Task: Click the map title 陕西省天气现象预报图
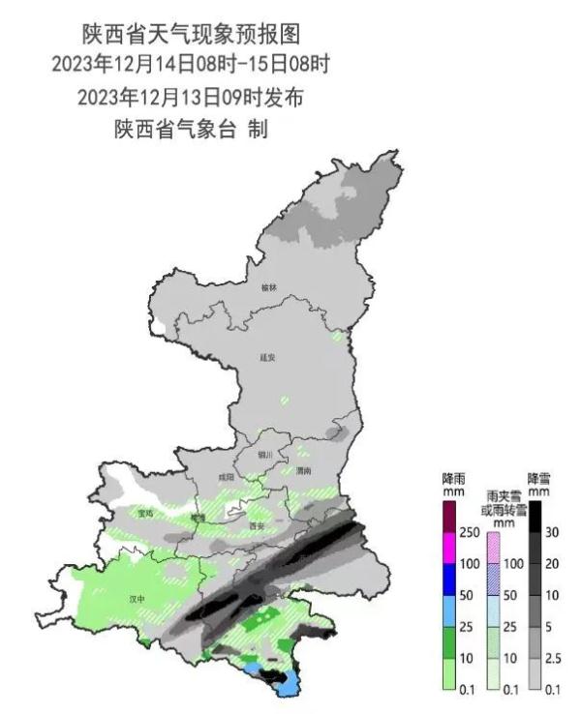[191, 34]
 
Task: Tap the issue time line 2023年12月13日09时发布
[191, 98]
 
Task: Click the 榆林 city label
[269, 287]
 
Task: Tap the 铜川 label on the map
[266, 454]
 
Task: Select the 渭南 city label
[304, 471]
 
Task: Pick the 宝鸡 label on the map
[146, 513]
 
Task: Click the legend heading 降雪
[539, 478]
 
